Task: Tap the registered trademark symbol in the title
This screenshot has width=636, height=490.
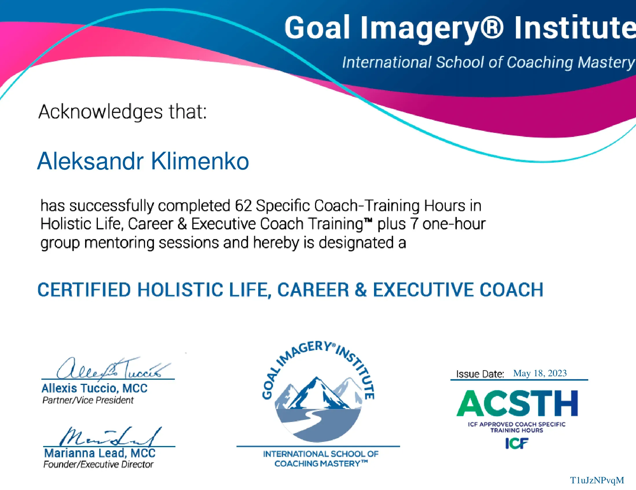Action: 492,28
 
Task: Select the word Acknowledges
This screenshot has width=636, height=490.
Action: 100,112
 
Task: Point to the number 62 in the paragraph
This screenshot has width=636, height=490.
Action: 243,205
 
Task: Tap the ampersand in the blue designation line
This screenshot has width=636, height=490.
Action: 361,290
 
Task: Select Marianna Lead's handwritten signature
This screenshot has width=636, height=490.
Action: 111,436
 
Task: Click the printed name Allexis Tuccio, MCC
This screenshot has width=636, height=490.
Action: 95,388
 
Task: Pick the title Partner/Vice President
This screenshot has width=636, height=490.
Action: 88,400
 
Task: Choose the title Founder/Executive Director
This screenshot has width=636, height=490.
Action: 98,464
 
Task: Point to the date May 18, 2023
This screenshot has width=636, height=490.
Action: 540,373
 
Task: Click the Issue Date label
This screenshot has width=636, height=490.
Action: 480,374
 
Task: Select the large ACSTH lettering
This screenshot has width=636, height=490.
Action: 517,403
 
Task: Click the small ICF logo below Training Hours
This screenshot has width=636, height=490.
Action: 517,443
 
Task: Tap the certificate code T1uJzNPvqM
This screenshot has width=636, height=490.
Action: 597,480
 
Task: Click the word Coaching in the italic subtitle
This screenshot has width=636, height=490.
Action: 540,63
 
